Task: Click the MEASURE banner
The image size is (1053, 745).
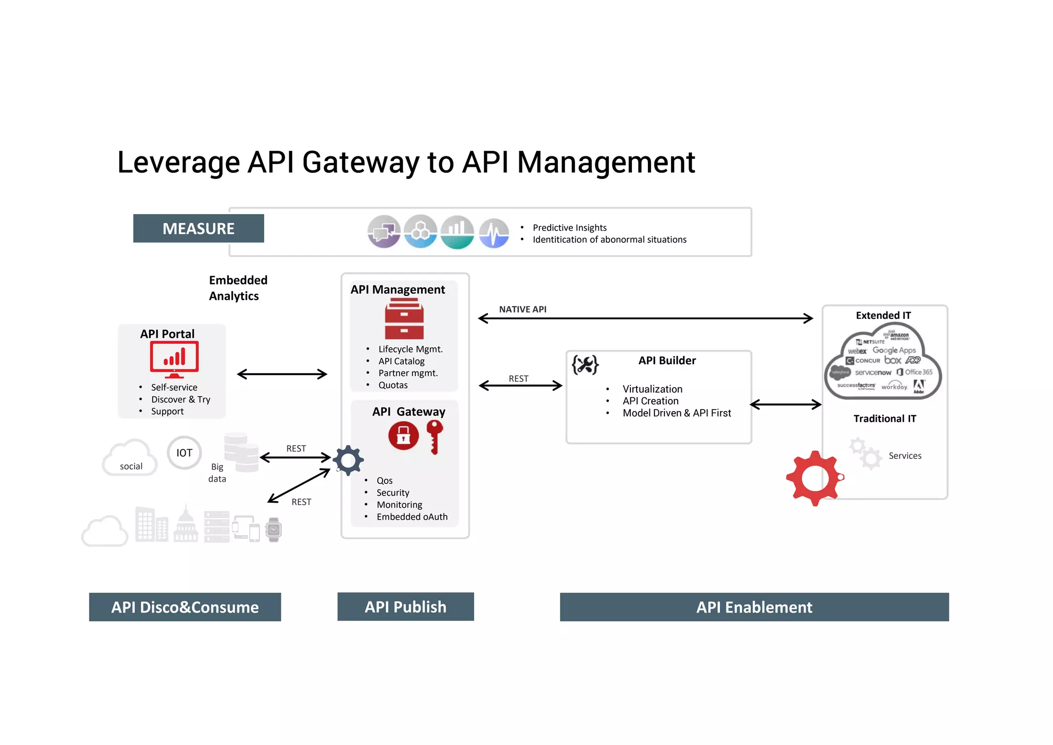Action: [198, 228]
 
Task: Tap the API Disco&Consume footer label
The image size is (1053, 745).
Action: [185, 607]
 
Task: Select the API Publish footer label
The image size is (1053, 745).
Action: [406, 607]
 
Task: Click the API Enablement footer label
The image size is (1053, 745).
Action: [754, 607]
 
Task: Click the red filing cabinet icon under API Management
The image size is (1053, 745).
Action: [404, 320]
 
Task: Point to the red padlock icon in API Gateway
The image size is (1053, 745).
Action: [404, 436]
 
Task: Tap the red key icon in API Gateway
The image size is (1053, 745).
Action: [434, 436]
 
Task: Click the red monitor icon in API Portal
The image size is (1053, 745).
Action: [174, 359]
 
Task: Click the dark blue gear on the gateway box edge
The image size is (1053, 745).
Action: [349, 460]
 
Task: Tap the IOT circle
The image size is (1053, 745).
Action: [184, 453]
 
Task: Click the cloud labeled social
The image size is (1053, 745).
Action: [130, 458]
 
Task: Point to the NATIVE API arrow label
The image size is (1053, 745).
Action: [522, 309]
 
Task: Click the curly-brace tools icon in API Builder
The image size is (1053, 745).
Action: [585, 365]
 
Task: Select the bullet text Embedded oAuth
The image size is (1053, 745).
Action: [412, 517]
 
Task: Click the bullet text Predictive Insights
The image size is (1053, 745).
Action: [569, 227]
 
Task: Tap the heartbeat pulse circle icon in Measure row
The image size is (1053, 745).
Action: [494, 233]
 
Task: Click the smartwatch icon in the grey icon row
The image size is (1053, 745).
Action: [274, 529]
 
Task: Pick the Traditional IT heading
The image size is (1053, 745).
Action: [884, 418]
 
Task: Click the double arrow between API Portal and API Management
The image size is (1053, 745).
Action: [282, 374]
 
